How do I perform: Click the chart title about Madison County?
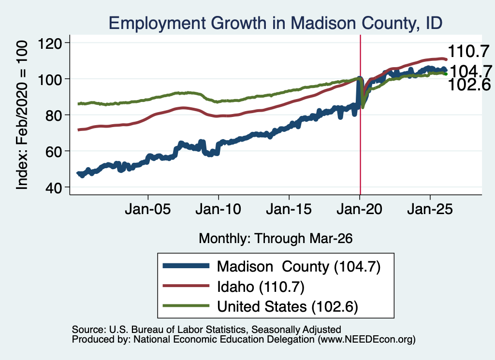tap(275, 23)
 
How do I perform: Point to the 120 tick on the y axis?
tap(50, 43)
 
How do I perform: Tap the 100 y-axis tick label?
tap(50, 79)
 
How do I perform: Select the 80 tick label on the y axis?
tap(54, 115)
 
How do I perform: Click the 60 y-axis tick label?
tap(54, 151)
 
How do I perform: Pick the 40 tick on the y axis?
tap(54, 187)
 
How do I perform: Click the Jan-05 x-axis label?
tap(148, 209)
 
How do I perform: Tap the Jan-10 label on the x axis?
tap(218, 209)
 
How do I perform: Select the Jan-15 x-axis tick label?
tap(289, 209)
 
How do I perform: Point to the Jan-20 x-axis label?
tap(360, 209)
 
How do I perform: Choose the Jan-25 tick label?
tap(430, 209)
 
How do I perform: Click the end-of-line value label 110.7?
tap(468, 51)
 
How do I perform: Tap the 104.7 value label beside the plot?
tap(470, 72)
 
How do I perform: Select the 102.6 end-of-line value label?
tap(469, 85)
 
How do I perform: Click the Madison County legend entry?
tap(272, 267)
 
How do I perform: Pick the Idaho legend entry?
tap(233, 287)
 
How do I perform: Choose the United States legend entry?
tap(261, 306)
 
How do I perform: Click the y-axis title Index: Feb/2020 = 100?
tap(22, 115)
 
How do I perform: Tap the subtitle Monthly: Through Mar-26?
tap(276, 239)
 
